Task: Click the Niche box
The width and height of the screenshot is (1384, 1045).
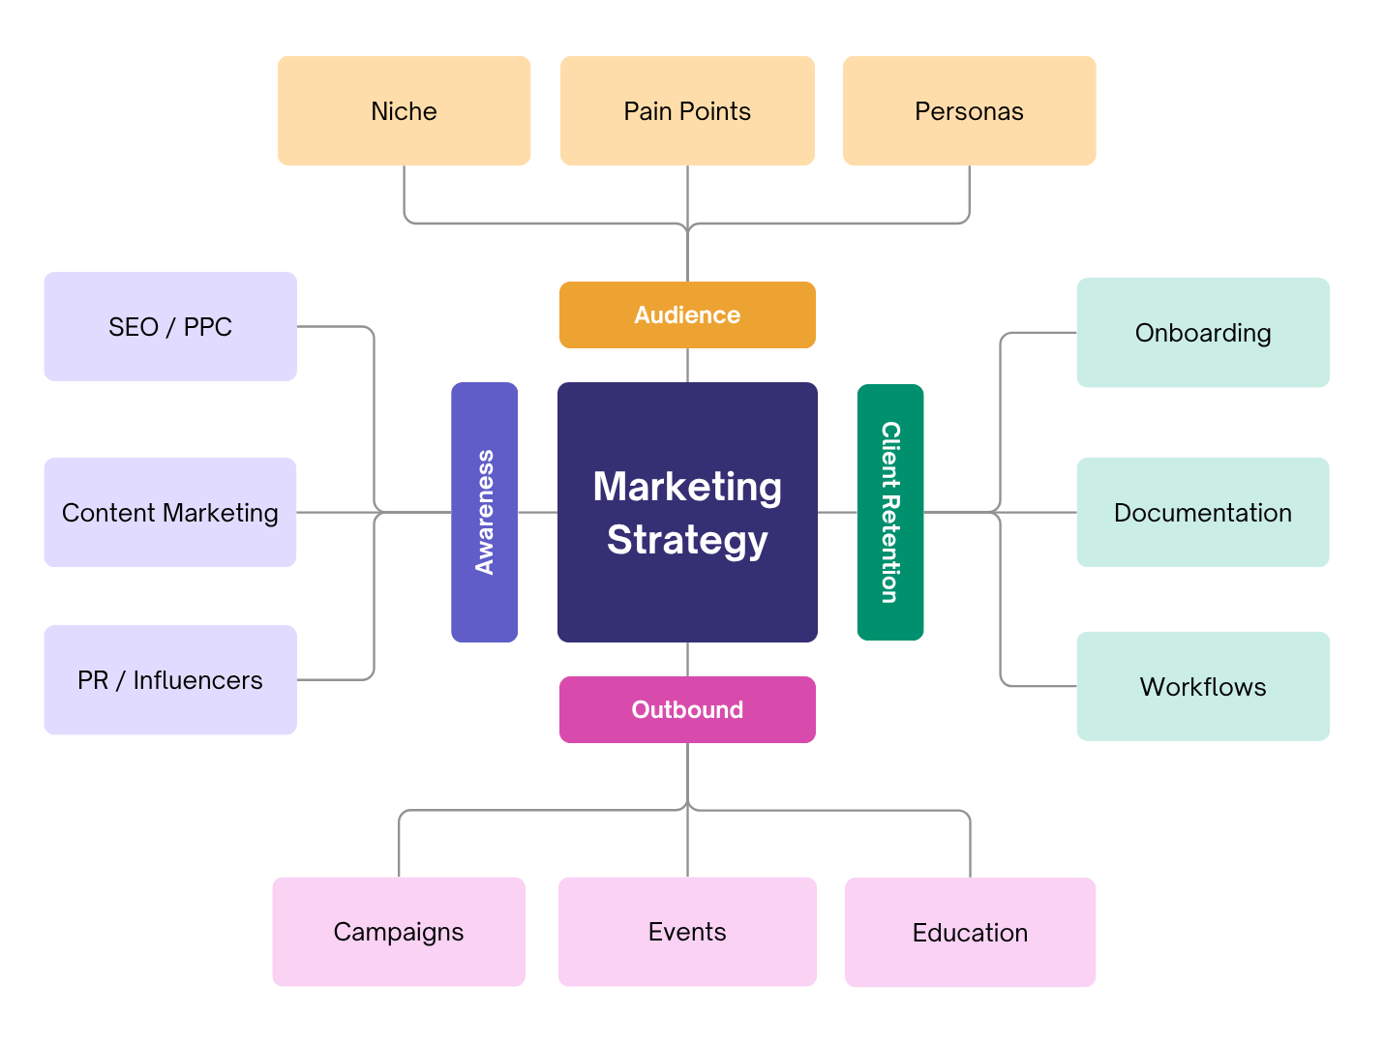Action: (404, 111)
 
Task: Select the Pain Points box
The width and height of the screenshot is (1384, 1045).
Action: (687, 111)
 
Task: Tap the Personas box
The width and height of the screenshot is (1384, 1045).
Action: (969, 111)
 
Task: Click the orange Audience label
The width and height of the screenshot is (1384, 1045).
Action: (687, 315)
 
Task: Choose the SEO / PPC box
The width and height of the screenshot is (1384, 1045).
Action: (170, 327)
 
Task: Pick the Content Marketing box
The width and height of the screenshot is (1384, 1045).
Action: (170, 513)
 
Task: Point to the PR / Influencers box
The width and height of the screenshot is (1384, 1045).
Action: (170, 680)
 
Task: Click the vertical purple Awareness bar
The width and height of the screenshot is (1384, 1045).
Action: (485, 512)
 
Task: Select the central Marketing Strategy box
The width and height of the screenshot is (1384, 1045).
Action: (687, 512)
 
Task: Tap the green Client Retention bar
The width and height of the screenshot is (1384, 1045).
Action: (890, 512)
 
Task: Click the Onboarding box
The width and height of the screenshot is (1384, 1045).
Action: (1203, 333)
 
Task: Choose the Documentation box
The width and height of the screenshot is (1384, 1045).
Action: (1203, 513)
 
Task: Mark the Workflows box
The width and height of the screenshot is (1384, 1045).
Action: (1203, 687)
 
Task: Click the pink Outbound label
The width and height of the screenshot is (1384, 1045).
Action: (687, 710)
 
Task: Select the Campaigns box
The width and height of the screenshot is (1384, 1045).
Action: (399, 932)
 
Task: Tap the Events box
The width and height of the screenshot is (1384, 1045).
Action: (687, 932)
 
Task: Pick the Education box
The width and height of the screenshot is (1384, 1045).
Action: (970, 933)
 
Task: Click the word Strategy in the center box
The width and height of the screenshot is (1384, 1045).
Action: (687, 540)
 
